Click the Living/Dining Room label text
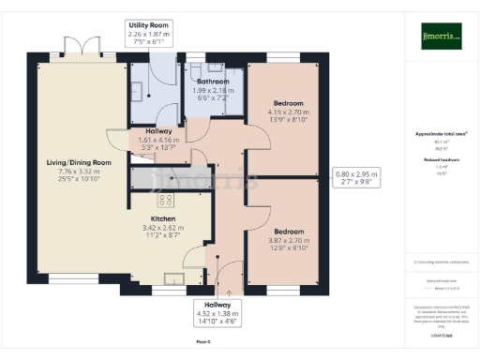79,163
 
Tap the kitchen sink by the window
173,277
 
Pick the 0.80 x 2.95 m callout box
357,177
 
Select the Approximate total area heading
441,133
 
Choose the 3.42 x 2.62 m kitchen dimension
164,227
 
